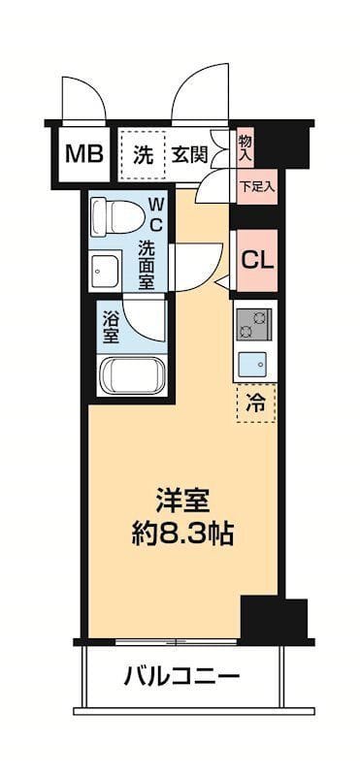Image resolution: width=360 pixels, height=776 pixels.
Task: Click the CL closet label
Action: [x=255, y=259]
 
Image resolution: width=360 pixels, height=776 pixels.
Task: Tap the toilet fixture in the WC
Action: [x=114, y=214]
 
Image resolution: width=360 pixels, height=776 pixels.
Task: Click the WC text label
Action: [x=154, y=213]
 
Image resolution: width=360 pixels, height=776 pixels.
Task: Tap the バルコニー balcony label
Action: [x=180, y=675]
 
